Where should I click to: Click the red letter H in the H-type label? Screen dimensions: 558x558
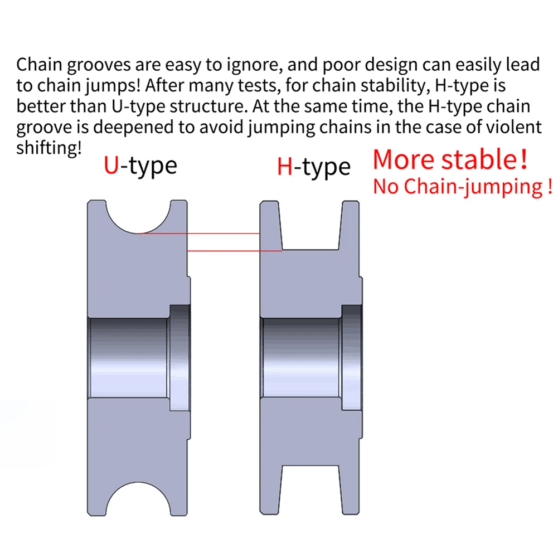click(285, 167)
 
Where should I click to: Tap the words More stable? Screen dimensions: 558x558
click(449, 159)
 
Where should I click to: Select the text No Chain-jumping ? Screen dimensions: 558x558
click(462, 187)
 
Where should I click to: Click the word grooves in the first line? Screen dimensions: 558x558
click(100, 65)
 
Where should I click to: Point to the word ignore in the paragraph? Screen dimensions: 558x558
click(253, 65)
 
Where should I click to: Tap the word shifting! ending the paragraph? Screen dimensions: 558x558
click(49, 148)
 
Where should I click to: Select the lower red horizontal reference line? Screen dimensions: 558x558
click(234, 251)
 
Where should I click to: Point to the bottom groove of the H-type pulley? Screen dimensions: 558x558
click(310, 491)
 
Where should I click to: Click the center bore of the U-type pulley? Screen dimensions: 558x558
click(128, 357)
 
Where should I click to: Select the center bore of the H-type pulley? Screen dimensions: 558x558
click(301, 357)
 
